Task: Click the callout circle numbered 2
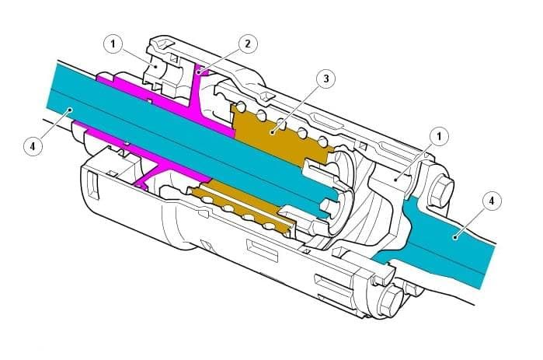click(x=247, y=44)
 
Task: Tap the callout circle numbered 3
click(x=325, y=79)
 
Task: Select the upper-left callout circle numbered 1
click(x=113, y=44)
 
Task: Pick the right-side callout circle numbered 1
click(x=439, y=136)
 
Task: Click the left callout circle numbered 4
click(x=33, y=146)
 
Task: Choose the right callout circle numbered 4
click(x=491, y=201)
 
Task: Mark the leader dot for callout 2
click(x=199, y=72)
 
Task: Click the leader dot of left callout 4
click(x=70, y=110)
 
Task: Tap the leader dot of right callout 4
click(x=454, y=237)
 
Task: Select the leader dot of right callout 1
click(x=395, y=180)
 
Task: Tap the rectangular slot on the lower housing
click(x=262, y=250)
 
